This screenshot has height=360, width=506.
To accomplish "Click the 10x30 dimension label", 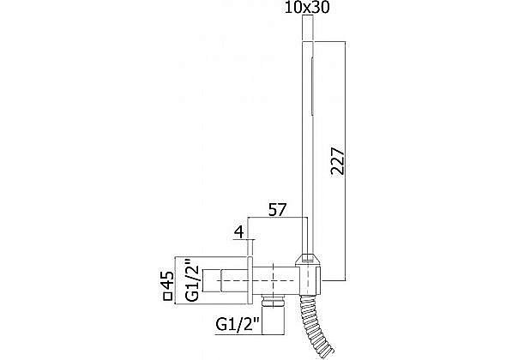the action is (307, 8).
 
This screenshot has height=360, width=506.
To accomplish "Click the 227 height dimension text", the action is (338, 161).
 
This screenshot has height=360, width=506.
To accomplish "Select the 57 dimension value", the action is (278, 210).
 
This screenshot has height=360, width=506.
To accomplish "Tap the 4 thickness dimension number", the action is (238, 232).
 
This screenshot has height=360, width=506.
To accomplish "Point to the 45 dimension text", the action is (167, 280).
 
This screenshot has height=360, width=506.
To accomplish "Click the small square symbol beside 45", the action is (167, 297).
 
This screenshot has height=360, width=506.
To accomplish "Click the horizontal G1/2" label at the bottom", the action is (238, 325).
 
